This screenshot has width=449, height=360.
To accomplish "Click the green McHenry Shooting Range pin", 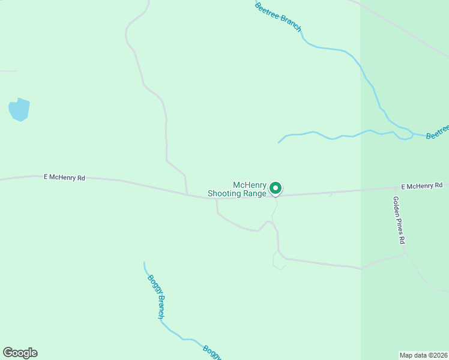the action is click(x=276, y=188).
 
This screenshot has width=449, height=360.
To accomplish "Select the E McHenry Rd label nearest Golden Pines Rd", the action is click(x=421, y=187).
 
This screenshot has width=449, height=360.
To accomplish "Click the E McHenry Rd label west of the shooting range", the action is click(x=64, y=178).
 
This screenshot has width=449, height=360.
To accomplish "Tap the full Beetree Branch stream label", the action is click(x=278, y=17).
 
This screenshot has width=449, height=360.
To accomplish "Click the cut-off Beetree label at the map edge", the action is click(x=438, y=132).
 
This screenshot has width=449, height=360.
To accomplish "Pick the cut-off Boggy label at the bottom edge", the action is click(x=212, y=352).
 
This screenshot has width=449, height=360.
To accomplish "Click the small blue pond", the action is click(x=19, y=109).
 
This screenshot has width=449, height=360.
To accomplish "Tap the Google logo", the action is click(x=20, y=353).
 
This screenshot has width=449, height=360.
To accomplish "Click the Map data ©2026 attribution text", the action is click(x=424, y=355).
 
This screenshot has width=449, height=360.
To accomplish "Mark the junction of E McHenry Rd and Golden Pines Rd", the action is click(x=391, y=188).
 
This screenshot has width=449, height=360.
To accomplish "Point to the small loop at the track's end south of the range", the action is click(x=279, y=261).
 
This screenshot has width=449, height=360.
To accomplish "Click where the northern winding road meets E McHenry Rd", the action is click(x=187, y=194).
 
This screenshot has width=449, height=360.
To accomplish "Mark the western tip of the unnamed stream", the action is click(x=279, y=143).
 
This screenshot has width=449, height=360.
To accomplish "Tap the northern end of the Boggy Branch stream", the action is click(x=144, y=262).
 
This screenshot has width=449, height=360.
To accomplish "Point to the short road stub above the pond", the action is click(x=8, y=71).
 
